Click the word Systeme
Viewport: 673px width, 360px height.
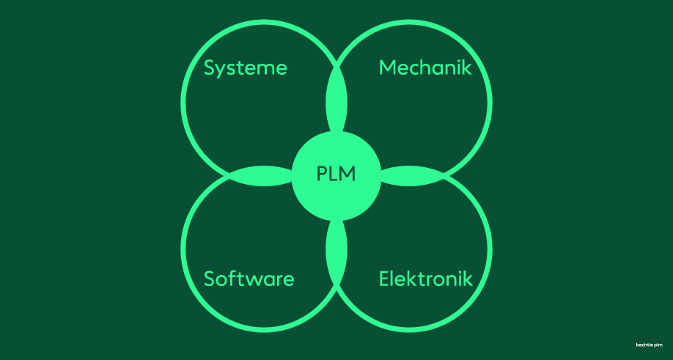tap(245, 68)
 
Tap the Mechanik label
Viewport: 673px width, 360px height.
tap(425, 67)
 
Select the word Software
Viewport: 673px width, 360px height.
tap(249, 279)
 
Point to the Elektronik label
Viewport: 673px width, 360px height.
tap(426, 279)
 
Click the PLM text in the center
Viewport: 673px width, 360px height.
tap(336, 175)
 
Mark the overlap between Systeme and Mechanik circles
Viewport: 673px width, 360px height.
tap(336, 101)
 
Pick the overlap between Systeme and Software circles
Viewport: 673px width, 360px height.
tap(262, 176)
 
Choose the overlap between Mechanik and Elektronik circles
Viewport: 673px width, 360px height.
tap(412, 176)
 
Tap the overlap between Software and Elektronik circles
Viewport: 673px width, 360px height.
tap(336, 251)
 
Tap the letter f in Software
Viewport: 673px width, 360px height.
tap(232, 279)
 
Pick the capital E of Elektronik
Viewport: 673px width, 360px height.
tap(384, 279)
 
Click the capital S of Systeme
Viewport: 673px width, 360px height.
tap(209, 68)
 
